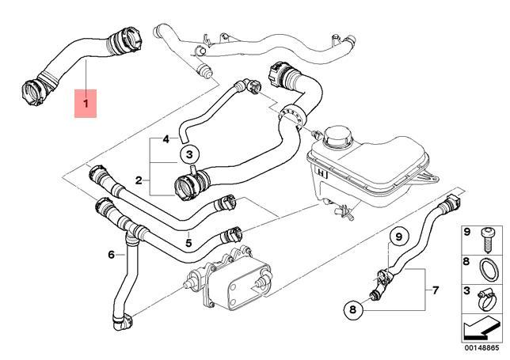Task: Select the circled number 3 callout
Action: pyautogui.click(x=190, y=154)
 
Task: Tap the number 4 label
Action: pyautogui.click(x=166, y=139)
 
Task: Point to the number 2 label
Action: pyautogui.click(x=139, y=181)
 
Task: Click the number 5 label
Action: pyautogui.click(x=188, y=243)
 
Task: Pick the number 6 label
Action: pyautogui.click(x=112, y=255)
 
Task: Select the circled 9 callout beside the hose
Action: pyautogui.click(x=399, y=235)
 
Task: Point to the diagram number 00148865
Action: pyautogui.click(x=481, y=346)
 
